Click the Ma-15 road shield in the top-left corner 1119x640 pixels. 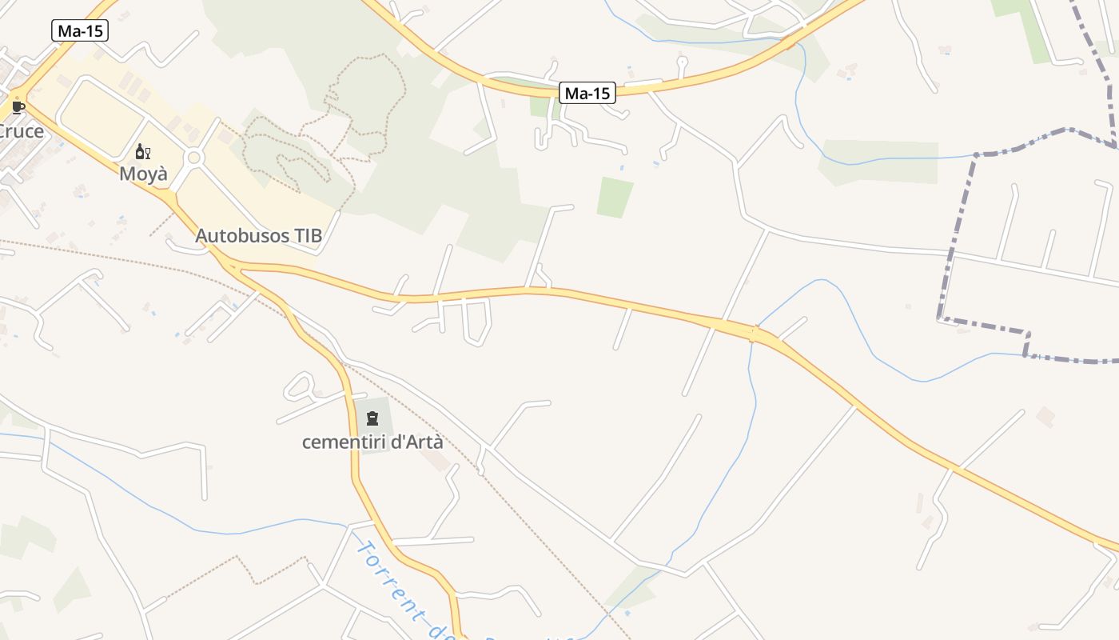click(x=80, y=31)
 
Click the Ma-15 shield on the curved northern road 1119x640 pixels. click(x=587, y=93)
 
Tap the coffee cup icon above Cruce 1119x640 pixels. click(x=18, y=106)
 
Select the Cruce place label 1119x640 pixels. click(x=21, y=131)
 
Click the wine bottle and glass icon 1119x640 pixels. click(x=143, y=151)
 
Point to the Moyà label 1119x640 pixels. click(x=144, y=173)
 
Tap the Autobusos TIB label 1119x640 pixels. click(x=259, y=236)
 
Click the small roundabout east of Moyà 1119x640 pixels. click(x=193, y=158)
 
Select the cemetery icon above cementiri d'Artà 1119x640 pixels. click(x=372, y=418)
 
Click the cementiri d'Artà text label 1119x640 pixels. click(x=372, y=442)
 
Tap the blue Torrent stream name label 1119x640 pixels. click(x=400, y=588)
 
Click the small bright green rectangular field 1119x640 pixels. click(x=615, y=198)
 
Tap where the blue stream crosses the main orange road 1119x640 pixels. click(x=753, y=333)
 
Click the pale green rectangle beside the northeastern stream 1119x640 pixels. click(x=879, y=162)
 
